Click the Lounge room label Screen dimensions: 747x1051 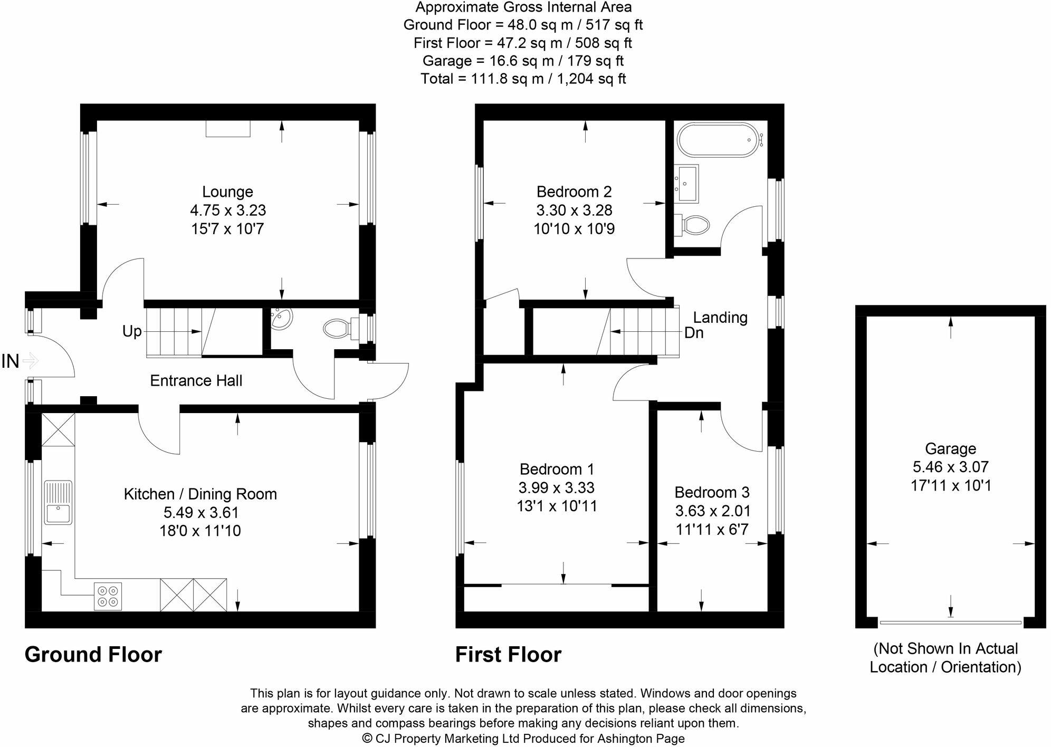pos(227,191)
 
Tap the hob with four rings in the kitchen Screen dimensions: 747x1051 pos(108,596)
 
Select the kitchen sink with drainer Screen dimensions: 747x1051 pos(58,502)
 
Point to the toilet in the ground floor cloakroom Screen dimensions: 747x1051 pos(336,329)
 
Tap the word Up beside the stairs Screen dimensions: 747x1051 pos(132,331)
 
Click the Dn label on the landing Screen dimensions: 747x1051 pos(693,333)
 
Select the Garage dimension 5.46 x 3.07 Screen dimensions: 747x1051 pos(950,467)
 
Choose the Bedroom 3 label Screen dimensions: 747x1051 pos(712,492)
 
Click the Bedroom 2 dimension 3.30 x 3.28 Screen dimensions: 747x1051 pos(574,210)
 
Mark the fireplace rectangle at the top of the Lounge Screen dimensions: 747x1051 pos(227,128)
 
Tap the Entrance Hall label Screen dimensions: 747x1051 pos(196,380)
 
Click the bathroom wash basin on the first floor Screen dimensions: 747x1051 pos(687,183)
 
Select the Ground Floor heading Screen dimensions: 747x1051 pos(93,655)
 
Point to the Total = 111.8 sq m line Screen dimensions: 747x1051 pos(523,79)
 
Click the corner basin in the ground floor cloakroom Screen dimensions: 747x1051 pos(281,319)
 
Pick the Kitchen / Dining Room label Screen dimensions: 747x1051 pos(200,494)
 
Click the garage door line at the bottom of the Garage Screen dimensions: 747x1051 pos(950,623)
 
